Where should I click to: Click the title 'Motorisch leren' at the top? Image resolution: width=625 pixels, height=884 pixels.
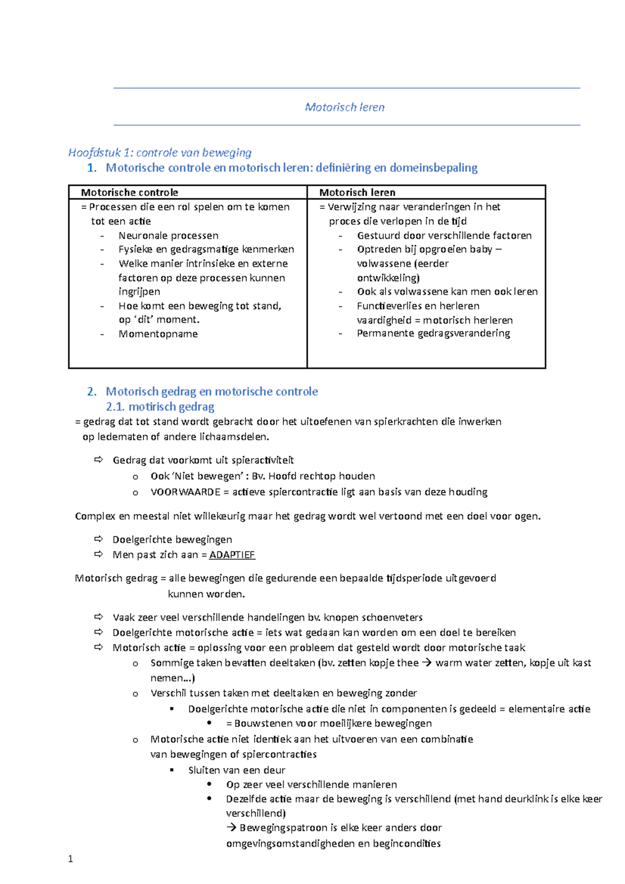[345, 107]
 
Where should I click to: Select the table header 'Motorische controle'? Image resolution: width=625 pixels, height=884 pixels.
[129, 192]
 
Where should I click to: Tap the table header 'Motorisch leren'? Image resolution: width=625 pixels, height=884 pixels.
[357, 192]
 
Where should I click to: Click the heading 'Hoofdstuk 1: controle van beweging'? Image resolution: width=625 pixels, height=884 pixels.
[160, 153]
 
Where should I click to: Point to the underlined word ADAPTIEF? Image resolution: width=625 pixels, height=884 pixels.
[232, 555]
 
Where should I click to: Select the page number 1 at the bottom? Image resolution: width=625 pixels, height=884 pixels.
[70, 859]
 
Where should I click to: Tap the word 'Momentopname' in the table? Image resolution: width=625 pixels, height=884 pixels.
[158, 334]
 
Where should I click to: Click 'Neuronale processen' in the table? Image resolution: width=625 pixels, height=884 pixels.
[168, 235]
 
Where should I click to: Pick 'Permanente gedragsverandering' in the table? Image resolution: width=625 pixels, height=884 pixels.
[433, 333]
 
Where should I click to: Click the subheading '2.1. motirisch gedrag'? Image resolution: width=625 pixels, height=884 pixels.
[160, 407]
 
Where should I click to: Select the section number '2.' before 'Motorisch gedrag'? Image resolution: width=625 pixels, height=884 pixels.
[92, 392]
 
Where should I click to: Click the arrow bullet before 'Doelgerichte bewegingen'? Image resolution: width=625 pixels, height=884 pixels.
[98, 539]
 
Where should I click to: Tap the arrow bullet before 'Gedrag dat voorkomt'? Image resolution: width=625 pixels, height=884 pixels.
[98, 460]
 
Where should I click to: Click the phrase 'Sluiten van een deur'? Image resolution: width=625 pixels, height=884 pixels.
[236, 770]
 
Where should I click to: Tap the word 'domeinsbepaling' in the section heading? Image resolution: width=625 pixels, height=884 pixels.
[433, 168]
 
